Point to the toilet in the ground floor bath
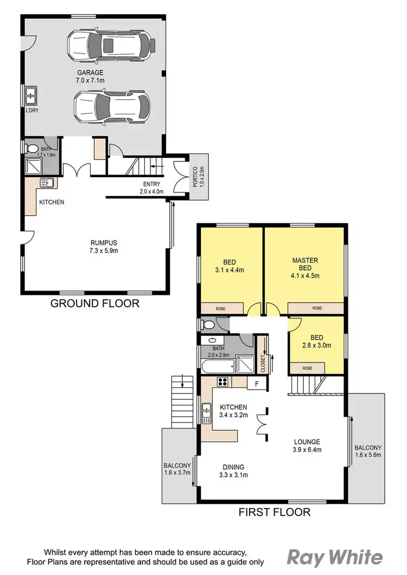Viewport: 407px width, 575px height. tap(32, 148)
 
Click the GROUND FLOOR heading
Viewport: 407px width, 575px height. tap(94, 303)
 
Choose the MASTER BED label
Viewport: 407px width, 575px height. tap(305, 264)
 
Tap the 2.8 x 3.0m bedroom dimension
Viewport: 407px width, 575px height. tap(316, 345)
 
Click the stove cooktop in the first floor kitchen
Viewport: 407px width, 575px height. tap(222, 382)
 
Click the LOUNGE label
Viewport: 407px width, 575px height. tap(307, 442)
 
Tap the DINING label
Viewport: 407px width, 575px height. tap(233, 467)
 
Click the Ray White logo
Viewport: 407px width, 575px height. tap(334, 558)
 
